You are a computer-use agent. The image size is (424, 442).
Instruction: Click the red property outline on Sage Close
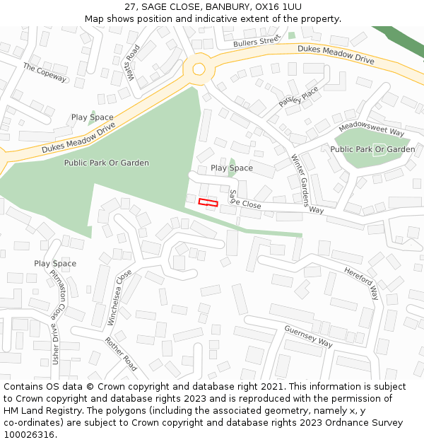(x=208, y=202)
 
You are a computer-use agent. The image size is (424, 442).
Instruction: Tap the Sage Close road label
(x=245, y=199)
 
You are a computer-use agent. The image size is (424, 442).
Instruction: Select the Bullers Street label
(x=257, y=42)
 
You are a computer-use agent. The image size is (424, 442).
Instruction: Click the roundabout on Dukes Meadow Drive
(x=199, y=69)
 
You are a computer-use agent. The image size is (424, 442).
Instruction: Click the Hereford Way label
(x=362, y=283)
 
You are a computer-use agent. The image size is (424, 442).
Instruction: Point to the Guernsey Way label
(x=308, y=336)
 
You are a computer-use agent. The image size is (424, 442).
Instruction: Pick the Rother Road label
(x=121, y=353)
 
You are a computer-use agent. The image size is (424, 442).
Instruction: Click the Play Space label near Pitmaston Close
(x=55, y=264)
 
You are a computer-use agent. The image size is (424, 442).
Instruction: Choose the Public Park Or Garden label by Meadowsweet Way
(x=372, y=149)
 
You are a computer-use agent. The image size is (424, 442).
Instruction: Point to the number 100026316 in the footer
(x=30, y=435)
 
